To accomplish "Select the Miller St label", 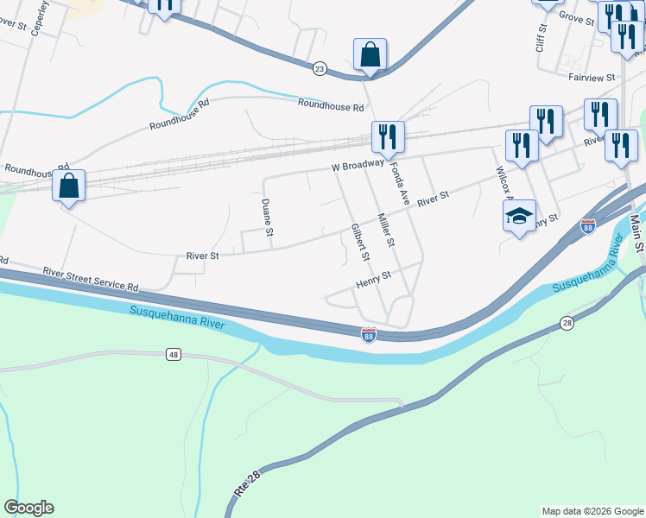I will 385,231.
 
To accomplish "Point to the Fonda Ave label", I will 398,183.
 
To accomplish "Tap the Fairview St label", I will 591,77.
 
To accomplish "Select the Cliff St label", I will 541,39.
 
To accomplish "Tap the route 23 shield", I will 320,69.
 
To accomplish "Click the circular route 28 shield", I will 567,323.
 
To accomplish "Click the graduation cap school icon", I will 520,216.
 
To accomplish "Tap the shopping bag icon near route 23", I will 370,54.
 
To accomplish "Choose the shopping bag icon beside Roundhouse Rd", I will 69,186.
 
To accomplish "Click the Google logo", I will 28,508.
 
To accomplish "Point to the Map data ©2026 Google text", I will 592,511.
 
